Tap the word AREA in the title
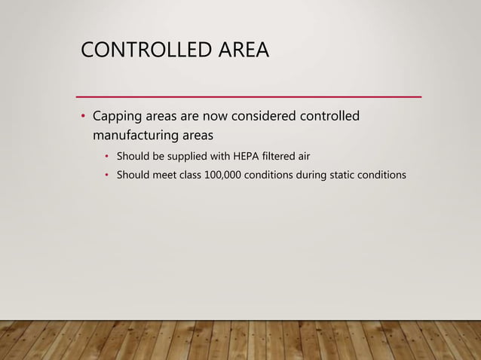tap(243, 51)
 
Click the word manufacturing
tap(139, 136)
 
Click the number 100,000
tap(228, 175)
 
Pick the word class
tap(186, 175)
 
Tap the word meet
tap(158, 175)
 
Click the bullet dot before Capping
tap(84, 117)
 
